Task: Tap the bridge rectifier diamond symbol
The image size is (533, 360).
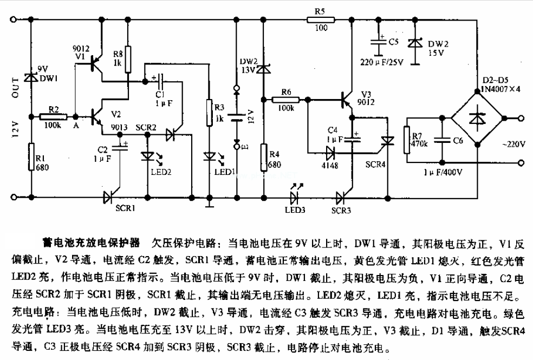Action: (477, 117)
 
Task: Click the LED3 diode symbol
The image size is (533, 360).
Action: (296, 197)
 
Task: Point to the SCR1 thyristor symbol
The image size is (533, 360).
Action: (108, 197)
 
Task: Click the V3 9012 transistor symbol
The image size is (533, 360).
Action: (347, 100)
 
